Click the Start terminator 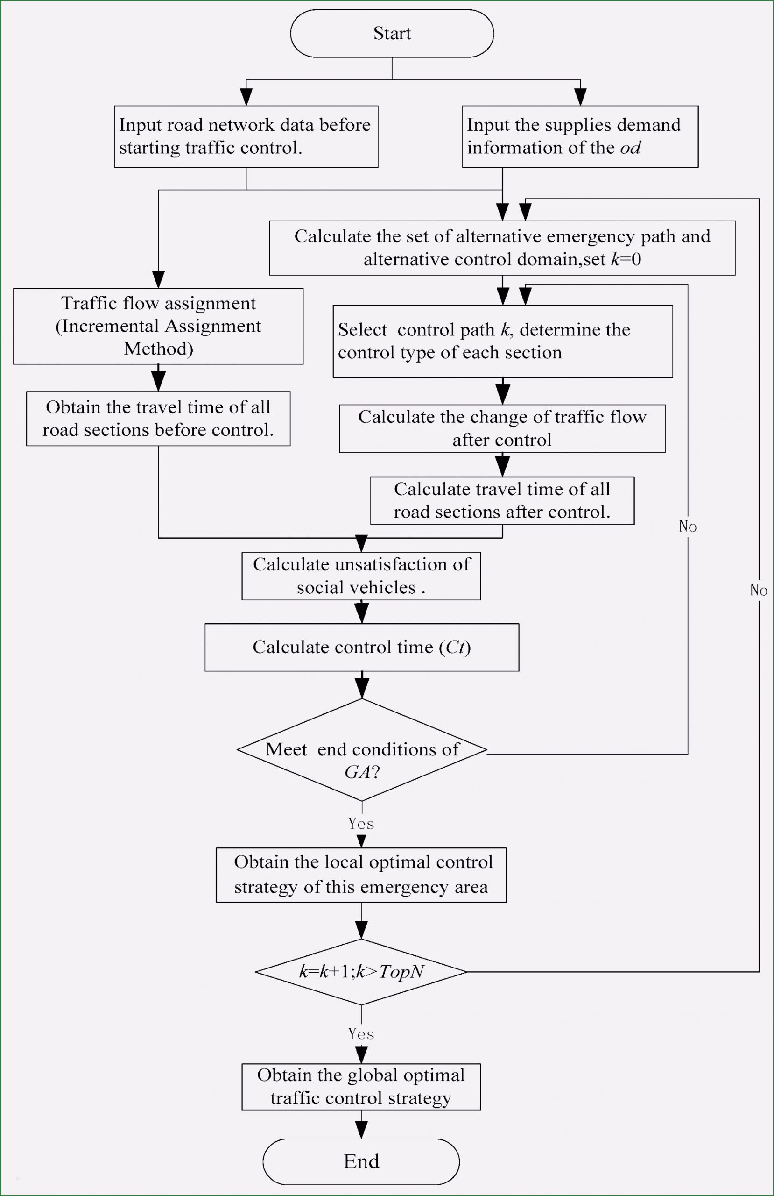click(x=392, y=34)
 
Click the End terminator click(x=361, y=1161)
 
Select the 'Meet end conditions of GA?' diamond click(x=362, y=749)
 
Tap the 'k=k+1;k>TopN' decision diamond click(x=361, y=972)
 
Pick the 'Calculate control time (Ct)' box click(x=362, y=647)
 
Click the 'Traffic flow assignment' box click(x=158, y=326)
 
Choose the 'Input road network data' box click(x=246, y=136)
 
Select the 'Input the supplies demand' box click(x=580, y=136)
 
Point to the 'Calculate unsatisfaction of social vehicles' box click(x=361, y=576)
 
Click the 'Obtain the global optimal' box click(x=361, y=1087)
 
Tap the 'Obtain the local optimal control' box click(x=361, y=875)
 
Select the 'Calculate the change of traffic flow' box click(x=502, y=428)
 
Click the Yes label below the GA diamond click(x=361, y=824)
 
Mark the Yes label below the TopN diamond click(x=361, y=1034)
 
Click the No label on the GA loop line click(x=688, y=527)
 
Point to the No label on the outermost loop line click(x=759, y=590)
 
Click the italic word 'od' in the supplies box click(x=630, y=148)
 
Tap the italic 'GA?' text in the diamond click(x=362, y=772)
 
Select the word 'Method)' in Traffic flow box click(x=158, y=349)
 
